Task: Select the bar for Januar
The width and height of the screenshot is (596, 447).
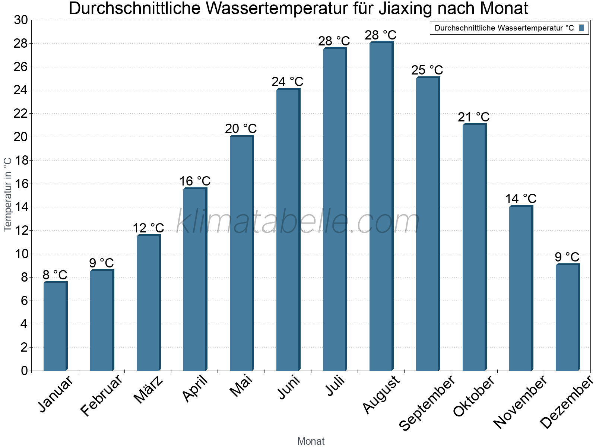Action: pyautogui.click(x=55, y=326)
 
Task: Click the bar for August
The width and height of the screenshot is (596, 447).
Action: pyautogui.click(x=381, y=207)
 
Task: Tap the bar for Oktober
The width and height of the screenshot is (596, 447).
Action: pyautogui.click(x=474, y=247)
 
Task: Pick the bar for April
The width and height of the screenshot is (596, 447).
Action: pyautogui.click(x=195, y=279)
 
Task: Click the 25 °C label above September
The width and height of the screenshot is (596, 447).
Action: pyautogui.click(x=427, y=70)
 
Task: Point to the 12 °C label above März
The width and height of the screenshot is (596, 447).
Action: pyautogui.click(x=148, y=228)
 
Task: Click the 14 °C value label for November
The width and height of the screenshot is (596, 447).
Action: pyautogui.click(x=520, y=199)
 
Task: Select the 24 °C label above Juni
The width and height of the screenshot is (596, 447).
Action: pyautogui.click(x=287, y=82)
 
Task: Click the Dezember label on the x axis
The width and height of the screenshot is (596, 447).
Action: pyautogui.click(x=566, y=402)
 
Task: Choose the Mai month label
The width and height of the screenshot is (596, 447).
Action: pyautogui.click(x=241, y=386)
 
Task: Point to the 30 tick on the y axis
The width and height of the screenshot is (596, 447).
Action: pyautogui.click(x=21, y=20)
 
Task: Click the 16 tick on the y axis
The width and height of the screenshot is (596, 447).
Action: pyautogui.click(x=21, y=184)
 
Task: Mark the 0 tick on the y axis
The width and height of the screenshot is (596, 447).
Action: pyautogui.click(x=25, y=371)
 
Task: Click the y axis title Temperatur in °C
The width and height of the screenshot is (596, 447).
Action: pyautogui.click(x=8, y=194)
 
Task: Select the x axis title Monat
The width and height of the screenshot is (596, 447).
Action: pyautogui.click(x=311, y=441)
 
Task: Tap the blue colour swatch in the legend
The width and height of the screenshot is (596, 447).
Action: pyautogui.click(x=581, y=28)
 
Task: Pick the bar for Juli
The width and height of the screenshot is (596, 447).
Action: pyautogui.click(x=335, y=209)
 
